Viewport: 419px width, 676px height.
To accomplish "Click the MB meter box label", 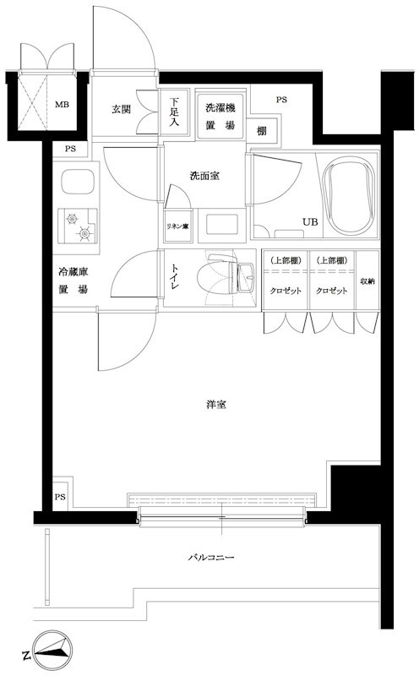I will tap(62, 106).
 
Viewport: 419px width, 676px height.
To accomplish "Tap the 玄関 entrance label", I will tap(122, 109).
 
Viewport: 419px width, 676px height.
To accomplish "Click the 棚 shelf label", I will tap(263, 130).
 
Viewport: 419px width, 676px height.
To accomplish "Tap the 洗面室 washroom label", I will tap(204, 176).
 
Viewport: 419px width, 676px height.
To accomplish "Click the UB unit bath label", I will tap(310, 222).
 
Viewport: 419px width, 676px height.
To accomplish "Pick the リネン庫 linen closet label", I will tap(177, 227).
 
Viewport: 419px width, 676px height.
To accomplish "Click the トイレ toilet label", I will tap(175, 278).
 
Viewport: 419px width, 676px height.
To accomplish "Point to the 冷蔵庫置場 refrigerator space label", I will tap(73, 281).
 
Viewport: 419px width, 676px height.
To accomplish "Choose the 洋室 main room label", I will tap(216, 404).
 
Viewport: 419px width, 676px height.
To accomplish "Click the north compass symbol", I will tap(52, 651).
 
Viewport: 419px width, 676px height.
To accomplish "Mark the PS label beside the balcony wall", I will tap(61, 497).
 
